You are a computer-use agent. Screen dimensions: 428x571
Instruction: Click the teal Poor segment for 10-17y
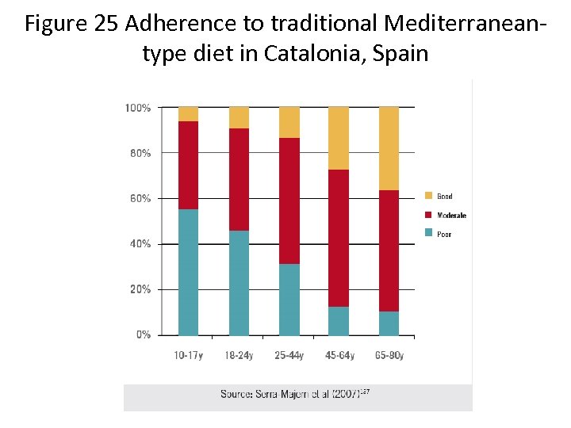click(188, 272)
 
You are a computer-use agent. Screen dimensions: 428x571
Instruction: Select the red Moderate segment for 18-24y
click(239, 179)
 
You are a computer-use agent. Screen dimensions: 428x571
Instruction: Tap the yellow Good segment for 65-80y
click(389, 148)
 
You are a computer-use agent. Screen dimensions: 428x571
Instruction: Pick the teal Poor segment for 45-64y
click(339, 321)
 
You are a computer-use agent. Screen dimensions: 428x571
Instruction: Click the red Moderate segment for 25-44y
click(289, 201)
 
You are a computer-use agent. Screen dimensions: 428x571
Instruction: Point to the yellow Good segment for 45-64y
click(339, 138)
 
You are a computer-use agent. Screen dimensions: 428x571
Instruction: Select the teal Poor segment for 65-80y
click(389, 323)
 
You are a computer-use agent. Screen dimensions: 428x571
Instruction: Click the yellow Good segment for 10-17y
click(188, 113)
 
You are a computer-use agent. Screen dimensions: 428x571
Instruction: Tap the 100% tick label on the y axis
click(138, 107)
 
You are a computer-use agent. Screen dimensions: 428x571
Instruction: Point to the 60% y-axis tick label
click(140, 198)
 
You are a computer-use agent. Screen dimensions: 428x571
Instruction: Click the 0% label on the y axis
click(143, 334)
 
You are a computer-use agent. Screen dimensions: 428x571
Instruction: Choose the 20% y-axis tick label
click(140, 289)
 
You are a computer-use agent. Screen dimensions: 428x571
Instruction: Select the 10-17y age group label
click(188, 355)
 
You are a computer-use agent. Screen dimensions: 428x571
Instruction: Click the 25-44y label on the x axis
click(289, 355)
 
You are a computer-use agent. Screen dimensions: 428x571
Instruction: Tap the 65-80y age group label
click(389, 355)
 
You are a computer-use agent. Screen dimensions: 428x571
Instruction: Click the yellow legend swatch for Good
click(429, 196)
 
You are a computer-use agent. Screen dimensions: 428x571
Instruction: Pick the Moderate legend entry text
click(451, 215)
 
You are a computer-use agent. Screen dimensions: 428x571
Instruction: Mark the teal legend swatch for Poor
click(429, 233)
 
